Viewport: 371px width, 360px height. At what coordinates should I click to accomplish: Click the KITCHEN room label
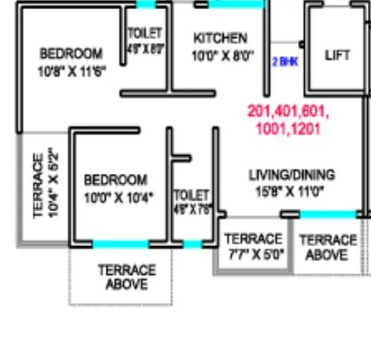pos(220,38)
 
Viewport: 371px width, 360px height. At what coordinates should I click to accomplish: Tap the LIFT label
pos(338,55)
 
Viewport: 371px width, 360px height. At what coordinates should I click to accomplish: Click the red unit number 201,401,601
pos(287,112)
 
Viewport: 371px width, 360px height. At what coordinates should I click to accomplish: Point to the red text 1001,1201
pos(287,128)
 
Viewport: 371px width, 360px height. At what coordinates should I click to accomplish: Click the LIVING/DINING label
pos(291,175)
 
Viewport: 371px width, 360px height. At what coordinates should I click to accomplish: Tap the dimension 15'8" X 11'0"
pos(291,191)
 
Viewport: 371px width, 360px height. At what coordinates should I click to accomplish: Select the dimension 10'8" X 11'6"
pos(71,72)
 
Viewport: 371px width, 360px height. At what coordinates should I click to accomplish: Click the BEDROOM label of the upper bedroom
pos(71,54)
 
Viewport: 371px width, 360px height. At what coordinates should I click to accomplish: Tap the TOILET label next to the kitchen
pos(144,33)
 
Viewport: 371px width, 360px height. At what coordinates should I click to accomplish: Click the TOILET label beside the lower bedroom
pos(191,195)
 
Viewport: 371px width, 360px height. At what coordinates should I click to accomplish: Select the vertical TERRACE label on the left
pos(39,186)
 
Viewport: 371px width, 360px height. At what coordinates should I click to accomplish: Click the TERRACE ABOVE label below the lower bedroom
pos(126,276)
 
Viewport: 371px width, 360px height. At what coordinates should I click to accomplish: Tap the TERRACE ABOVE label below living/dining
pos(328,247)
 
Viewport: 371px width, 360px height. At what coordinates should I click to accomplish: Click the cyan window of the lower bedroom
pos(120,245)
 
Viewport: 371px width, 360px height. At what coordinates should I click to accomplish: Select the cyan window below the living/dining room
pos(328,214)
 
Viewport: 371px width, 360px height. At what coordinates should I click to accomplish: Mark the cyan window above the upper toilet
pos(146,5)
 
